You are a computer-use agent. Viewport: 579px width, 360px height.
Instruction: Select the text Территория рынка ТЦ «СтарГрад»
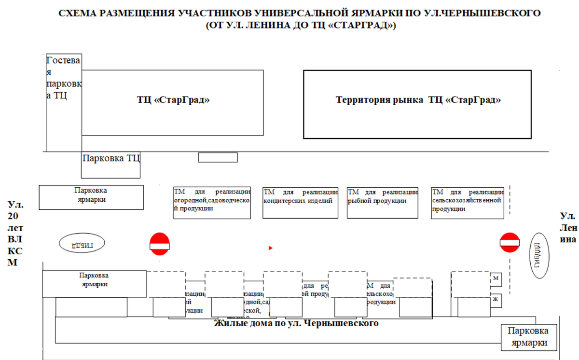click(418, 100)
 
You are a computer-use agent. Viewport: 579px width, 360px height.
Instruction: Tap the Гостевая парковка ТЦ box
click(64, 103)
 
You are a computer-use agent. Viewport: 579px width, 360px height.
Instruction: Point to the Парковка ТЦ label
click(111, 158)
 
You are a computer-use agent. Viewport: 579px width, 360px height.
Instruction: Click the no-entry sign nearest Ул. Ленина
click(510, 242)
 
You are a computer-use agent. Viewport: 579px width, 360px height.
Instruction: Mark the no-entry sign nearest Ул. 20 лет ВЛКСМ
click(160, 244)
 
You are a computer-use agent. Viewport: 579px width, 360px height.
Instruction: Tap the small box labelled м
click(496, 278)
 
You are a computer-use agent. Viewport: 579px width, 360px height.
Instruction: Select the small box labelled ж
click(496, 299)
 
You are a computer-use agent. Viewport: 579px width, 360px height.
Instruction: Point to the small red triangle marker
click(271, 248)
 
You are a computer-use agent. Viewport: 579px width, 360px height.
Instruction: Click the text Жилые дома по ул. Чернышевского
click(296, 323)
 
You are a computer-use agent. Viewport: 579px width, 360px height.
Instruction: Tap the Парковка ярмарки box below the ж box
click(531, 337)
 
